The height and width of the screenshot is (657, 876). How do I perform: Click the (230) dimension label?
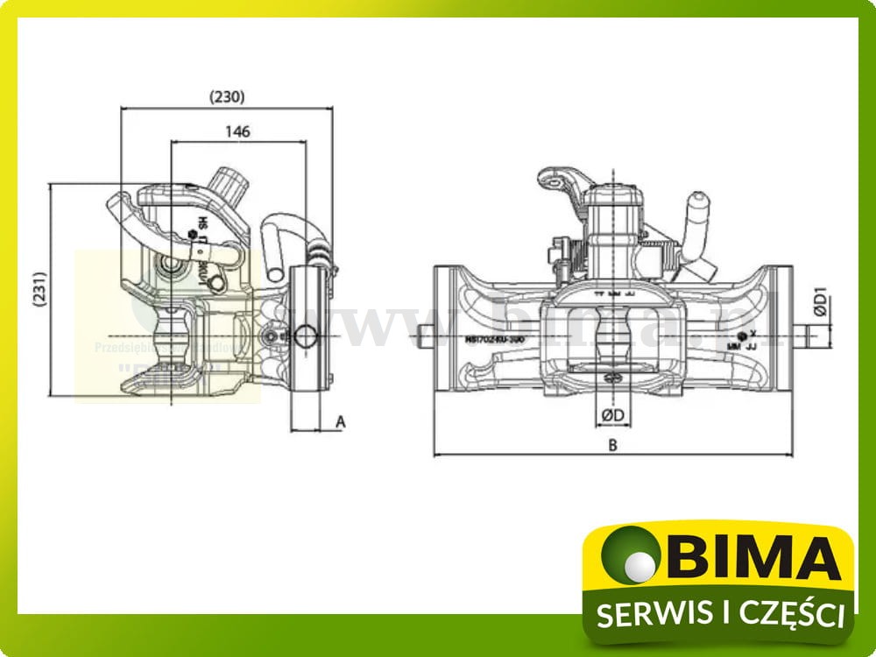click(227, 97)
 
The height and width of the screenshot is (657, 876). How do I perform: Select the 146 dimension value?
click(237, 131)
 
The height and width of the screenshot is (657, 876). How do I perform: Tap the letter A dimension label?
click(342, 422)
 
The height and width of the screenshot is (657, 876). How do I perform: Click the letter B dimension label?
click(613, 445)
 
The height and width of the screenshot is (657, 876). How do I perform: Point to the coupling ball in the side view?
click(169, 333)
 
